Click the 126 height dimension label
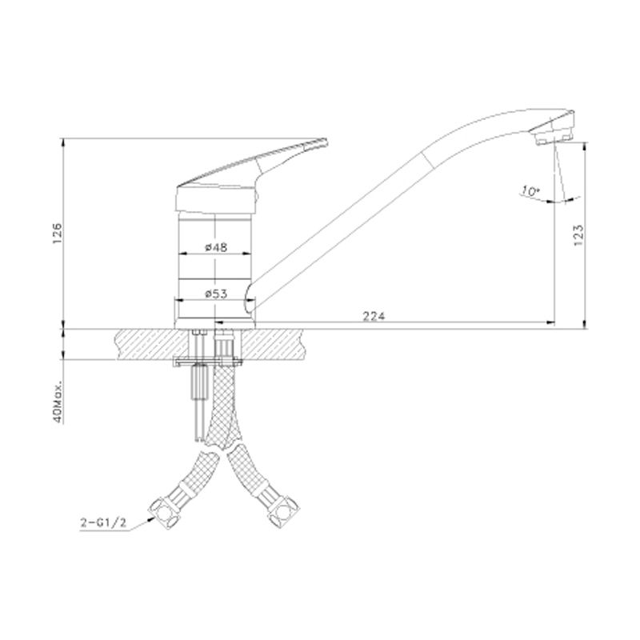[x=57, y=234]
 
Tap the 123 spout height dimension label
[x=578, y=234]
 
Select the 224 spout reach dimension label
[x=374, y=316]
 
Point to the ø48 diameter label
[x=216, y=247]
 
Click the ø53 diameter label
[x=216, y=294]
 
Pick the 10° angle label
[x=530, y=191]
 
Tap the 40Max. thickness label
[x=58, y=402]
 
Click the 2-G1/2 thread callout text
[x=103, y=522]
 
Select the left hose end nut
[x=163, y=514]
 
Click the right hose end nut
[x=283, y=511]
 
